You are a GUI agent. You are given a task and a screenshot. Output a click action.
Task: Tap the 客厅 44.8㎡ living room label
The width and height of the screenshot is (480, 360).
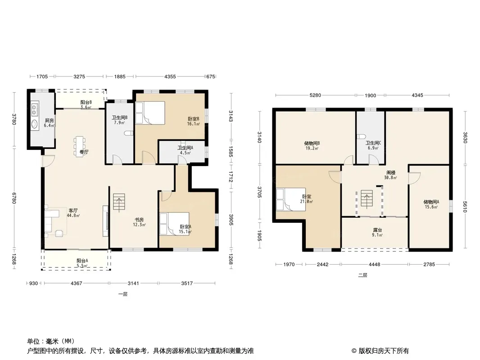click(73, 213)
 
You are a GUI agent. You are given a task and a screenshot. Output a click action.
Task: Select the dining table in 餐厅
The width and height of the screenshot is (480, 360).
click(80, 147)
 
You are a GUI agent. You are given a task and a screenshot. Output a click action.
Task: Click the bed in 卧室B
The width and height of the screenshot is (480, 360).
click(150, 113)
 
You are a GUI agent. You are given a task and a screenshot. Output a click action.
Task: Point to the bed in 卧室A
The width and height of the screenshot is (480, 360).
click(174, 224)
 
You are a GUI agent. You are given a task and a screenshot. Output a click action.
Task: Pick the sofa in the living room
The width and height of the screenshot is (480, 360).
click(52, 220)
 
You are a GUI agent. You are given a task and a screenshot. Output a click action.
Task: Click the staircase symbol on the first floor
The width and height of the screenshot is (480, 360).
click(119, 202)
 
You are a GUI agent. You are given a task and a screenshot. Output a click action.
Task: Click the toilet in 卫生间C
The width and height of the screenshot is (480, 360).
click(361, 136)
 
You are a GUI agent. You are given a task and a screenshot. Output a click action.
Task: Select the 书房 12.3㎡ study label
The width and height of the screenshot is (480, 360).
click(139, 222)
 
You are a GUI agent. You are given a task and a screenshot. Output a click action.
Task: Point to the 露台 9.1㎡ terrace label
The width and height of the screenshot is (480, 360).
click(377, 233)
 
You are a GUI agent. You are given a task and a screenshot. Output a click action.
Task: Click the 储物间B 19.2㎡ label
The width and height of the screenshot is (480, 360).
click(312, 146)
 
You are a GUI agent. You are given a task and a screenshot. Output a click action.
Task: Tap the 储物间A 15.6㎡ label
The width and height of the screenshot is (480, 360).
click(431, 204)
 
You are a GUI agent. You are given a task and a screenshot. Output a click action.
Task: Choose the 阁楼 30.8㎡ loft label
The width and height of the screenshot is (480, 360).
click(391, 175)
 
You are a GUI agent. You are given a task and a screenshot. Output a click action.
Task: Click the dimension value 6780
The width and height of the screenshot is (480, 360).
click(14, 197)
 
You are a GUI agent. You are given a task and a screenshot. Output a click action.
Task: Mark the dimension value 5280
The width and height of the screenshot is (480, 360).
click(315, 95)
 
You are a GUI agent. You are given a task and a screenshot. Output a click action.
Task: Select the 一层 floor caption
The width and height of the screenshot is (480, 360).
click(123, 294)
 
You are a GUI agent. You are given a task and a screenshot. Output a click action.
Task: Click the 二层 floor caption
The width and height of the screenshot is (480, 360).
click(362, 275)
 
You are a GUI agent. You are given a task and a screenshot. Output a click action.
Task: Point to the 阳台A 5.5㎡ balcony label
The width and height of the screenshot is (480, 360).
click(82, 263)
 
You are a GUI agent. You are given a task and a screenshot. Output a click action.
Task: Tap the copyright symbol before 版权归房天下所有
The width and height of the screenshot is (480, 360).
click(354, 351)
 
